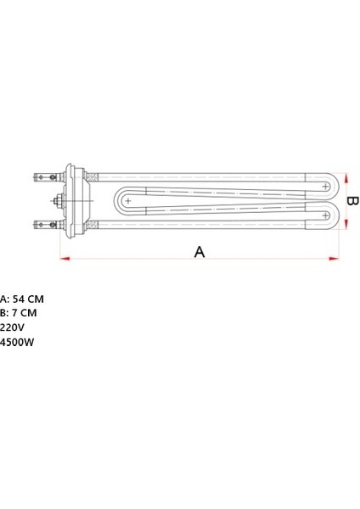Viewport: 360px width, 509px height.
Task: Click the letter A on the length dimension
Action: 200,252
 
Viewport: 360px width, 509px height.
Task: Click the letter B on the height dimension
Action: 352,202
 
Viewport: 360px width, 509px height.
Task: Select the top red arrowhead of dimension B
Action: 344,177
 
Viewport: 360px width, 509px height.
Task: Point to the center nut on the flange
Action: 58,202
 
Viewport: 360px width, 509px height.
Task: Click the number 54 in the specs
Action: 20,299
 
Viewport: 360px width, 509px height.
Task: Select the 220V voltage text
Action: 13,327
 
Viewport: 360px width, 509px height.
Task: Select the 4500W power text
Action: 17,342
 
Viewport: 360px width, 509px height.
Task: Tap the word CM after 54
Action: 36,299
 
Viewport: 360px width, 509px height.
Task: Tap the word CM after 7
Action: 29,313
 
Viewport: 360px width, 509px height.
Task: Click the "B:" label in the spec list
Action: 4,313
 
